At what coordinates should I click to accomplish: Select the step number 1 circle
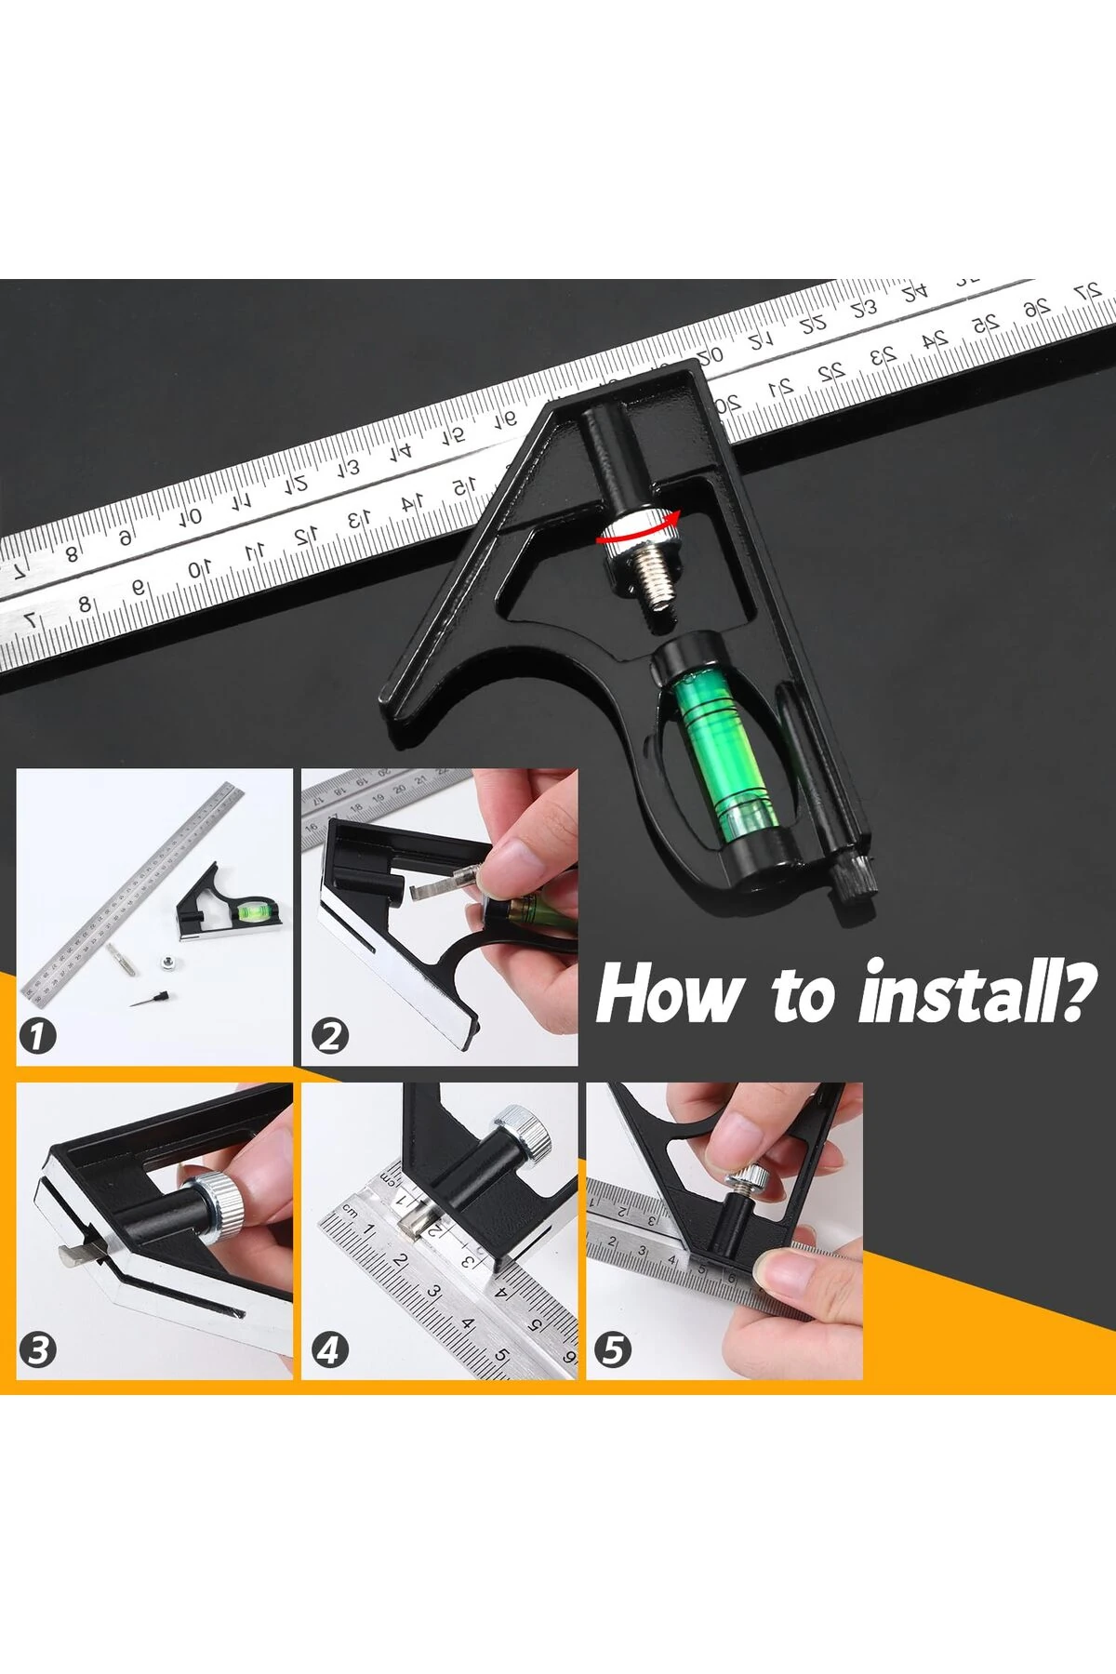pos(38,1035)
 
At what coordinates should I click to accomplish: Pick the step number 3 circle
pos(38,1349)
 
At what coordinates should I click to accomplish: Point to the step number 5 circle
pos(613,1349)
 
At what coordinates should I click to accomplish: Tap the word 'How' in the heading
pos(668,993)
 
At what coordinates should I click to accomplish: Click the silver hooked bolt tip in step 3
pos(78,1255)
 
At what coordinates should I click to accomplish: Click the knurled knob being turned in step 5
pos(748,1180)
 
